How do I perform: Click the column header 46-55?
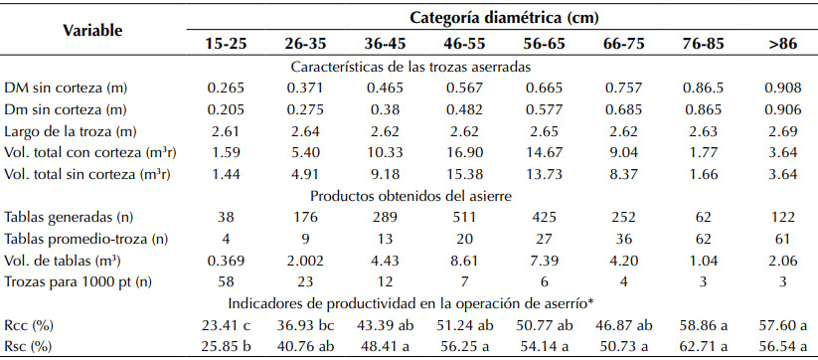point(464,45)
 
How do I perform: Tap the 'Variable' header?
point(92,30)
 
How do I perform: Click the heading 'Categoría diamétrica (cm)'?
point(492,17)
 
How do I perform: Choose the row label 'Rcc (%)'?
point(29,323)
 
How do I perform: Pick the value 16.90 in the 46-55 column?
point(464,152)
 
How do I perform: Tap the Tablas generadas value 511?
point(464,217)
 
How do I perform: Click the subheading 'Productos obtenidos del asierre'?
point(411,196)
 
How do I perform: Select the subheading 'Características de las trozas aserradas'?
point(411,67)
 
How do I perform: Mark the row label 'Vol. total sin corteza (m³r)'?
point(86,173)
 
